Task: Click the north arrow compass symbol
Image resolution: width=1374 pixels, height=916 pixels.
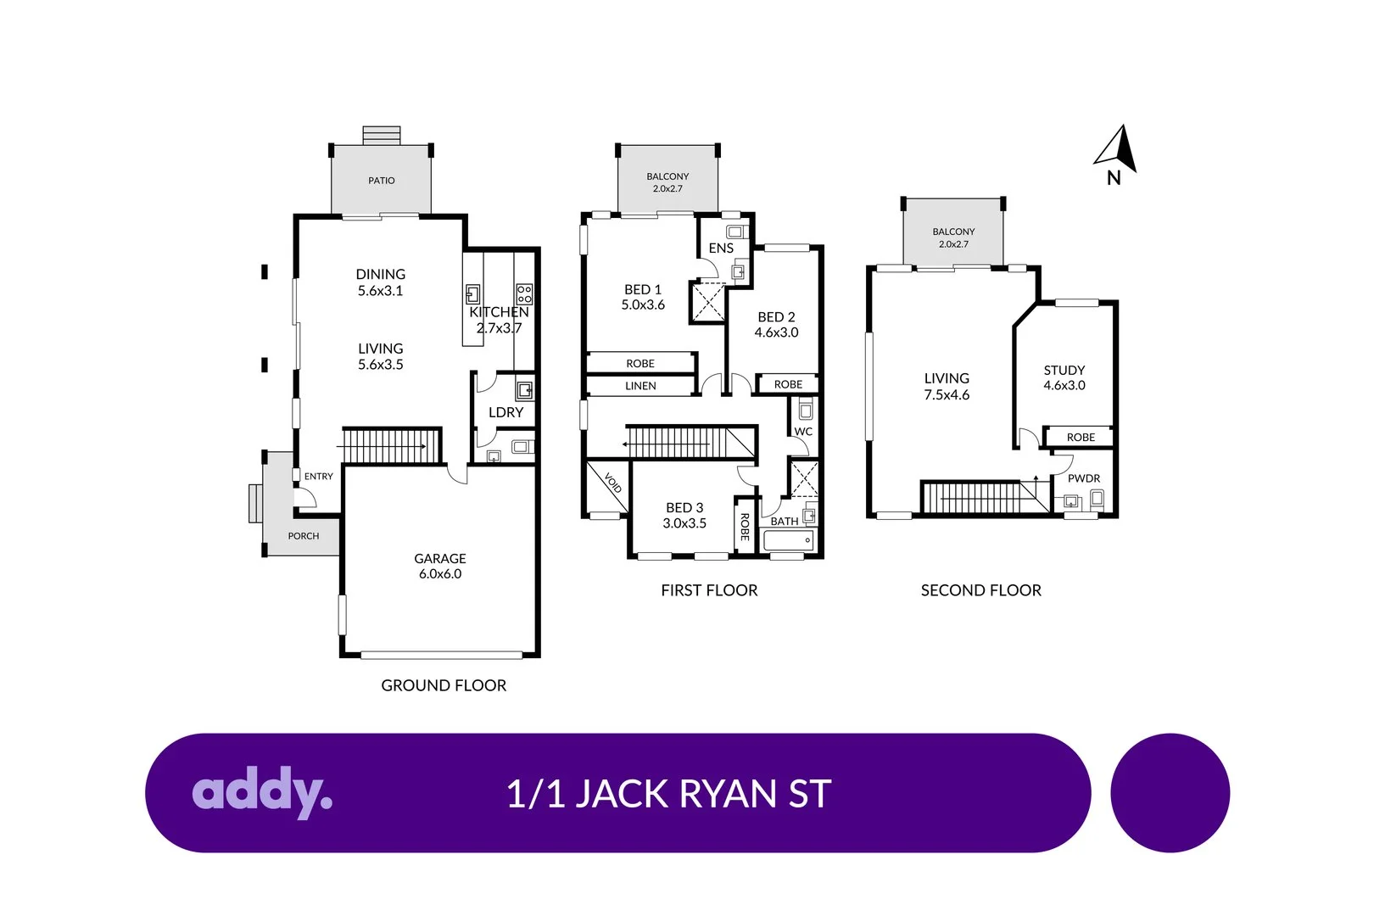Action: pos(1117,150)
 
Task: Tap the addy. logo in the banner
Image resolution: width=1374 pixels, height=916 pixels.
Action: pos(261,792)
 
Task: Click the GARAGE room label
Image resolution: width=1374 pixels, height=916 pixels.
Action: pos(439,558)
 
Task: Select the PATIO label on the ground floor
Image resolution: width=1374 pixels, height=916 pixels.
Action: pos(382,181)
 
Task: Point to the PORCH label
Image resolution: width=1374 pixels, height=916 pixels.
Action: pos(303,536)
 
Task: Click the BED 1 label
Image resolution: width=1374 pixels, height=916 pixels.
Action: pos(643,289)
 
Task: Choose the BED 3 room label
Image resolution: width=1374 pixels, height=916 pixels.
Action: pos(684,507)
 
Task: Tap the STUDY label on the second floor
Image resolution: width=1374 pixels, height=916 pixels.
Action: pos(1064,370)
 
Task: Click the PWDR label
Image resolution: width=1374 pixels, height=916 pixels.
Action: pos(1083,478)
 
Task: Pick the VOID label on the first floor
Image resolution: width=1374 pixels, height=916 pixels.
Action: pos(612,483)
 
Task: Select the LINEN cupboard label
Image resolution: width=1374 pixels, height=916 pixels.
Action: pos(640,386)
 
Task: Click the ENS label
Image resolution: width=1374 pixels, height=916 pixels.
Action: pos(721,248)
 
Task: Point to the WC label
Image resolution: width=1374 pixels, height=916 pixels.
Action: pos(802,432)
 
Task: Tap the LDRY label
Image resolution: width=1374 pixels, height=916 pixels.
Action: pos(505,412)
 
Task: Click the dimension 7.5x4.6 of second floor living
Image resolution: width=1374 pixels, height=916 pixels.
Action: pos(947,395)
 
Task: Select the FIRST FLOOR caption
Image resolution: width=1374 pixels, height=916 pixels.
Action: pos(709,590)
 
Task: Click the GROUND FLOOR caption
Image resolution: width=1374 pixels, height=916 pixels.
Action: pos(444,685)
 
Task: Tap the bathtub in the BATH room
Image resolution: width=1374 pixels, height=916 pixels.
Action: pos(789,540)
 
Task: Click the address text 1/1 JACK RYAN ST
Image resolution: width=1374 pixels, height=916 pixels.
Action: pos(668,794)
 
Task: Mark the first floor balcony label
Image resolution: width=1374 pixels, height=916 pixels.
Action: pos(667,176)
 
